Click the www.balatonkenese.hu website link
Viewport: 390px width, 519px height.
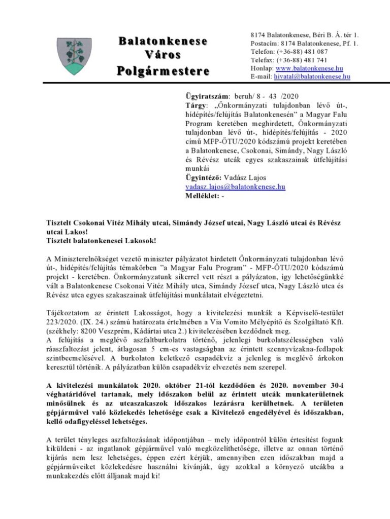(x=309, y=68)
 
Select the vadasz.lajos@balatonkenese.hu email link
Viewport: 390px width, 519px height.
(x=235, y=187)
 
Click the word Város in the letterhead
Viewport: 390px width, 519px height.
(x=162, y=55)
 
